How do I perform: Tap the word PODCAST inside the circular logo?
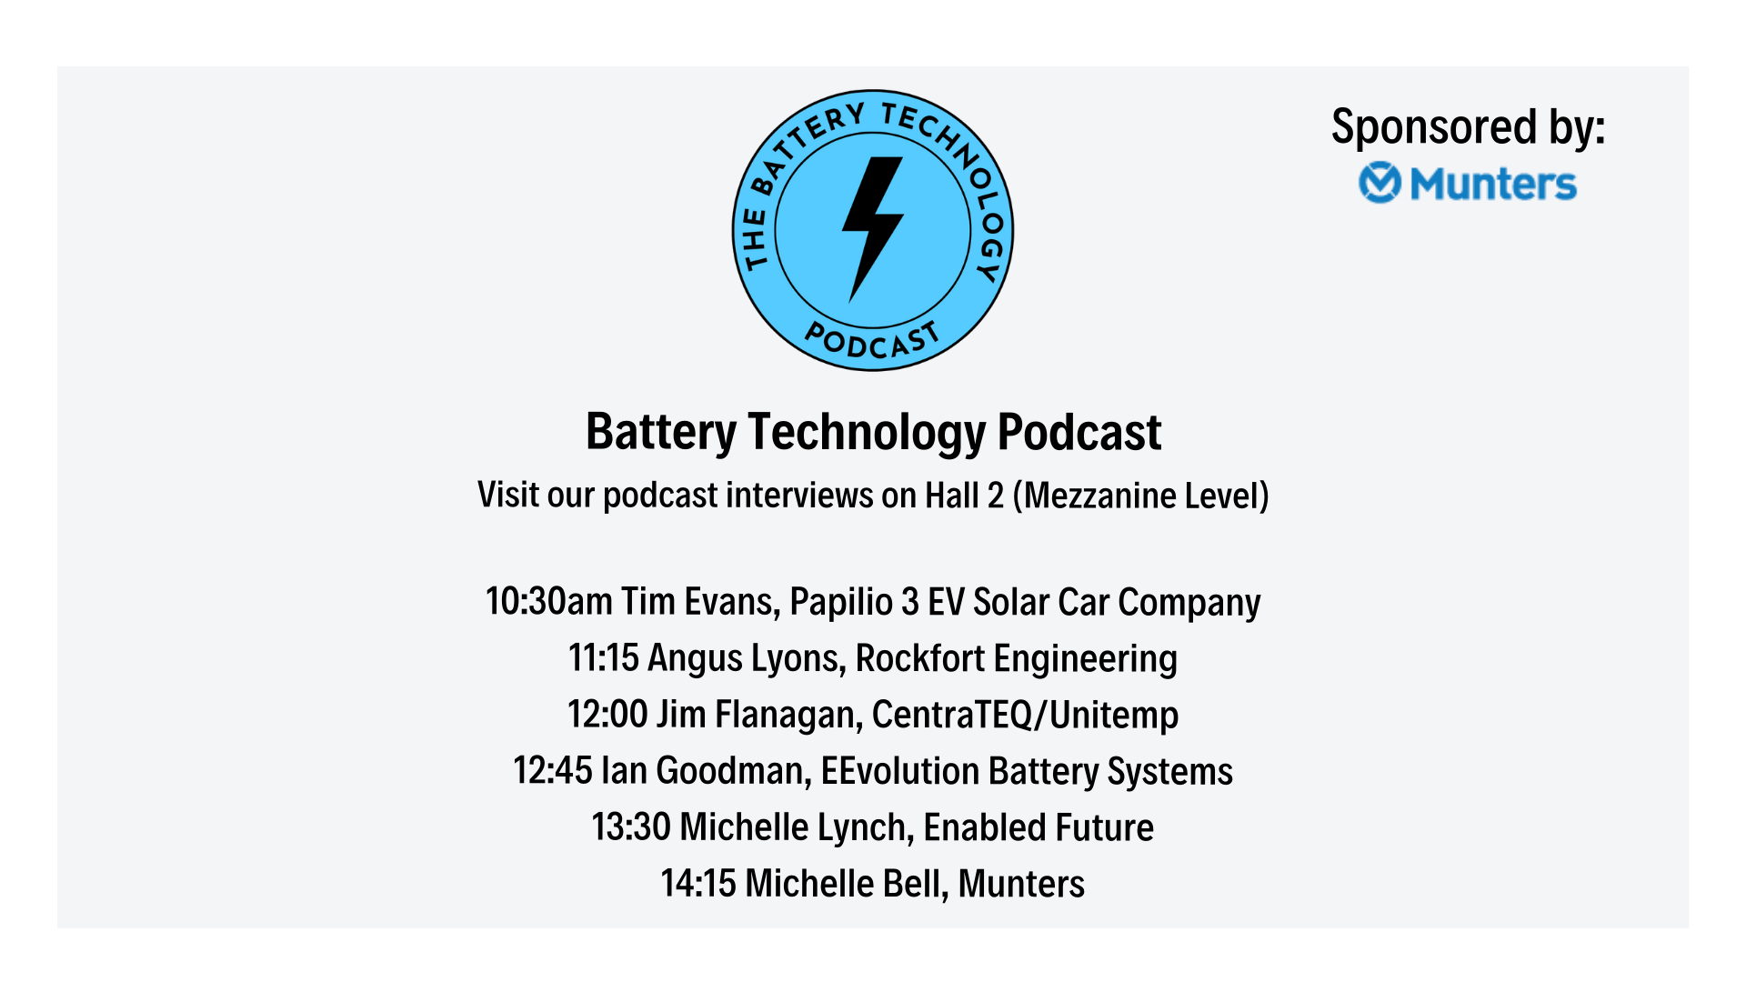872,340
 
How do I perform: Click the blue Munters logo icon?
1380,183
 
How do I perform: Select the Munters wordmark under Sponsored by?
1492,184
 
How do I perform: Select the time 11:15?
604,657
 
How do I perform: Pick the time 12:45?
553,770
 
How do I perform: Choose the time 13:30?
631,827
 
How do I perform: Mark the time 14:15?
698,883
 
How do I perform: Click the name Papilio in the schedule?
841,603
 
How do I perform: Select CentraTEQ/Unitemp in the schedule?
1025,715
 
